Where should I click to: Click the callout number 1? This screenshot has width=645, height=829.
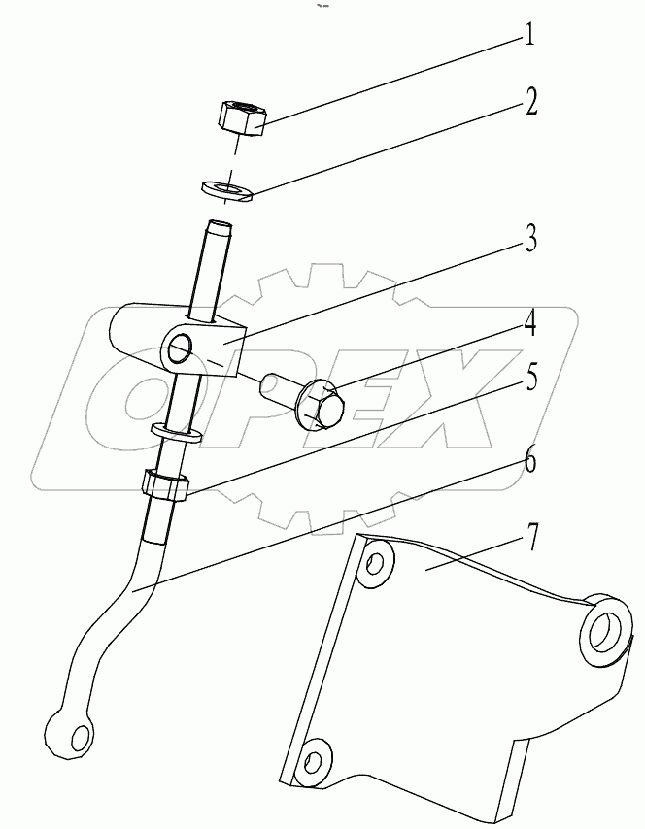click(529, 38)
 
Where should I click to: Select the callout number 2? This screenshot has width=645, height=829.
click(530, 103)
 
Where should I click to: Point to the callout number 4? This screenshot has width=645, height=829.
click(529, 322)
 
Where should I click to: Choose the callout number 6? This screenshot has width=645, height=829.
click(529, 460)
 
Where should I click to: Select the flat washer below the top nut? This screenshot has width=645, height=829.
click(226, 186)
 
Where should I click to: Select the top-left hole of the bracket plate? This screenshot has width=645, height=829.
click(374, 565)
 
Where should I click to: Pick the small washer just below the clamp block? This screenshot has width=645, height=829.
click(175, 432)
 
